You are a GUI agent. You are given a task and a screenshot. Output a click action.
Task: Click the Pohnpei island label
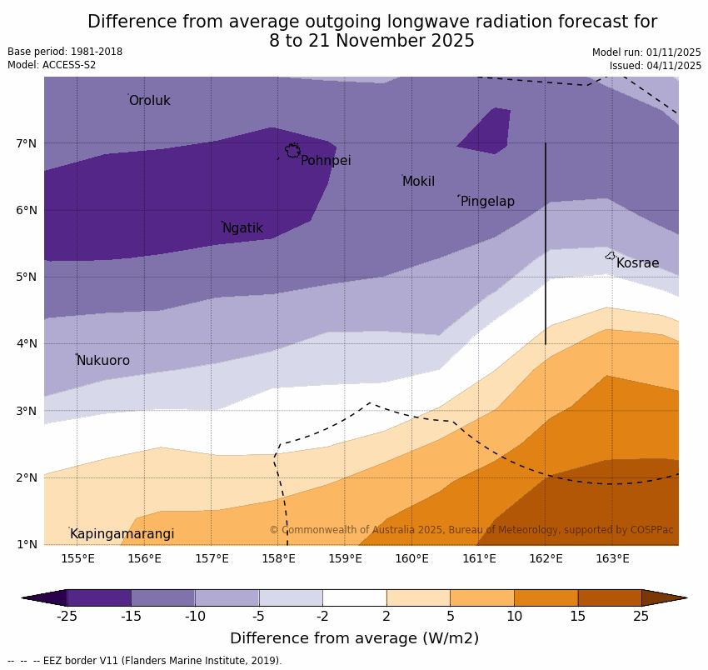pos(326,161)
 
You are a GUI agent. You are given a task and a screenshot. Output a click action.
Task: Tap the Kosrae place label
pos(637,263)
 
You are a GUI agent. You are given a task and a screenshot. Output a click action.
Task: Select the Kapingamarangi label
pos(122,534)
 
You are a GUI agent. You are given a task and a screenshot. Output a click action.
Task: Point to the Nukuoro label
pos(103,361)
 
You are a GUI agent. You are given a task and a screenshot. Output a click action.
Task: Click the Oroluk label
pos(149,101)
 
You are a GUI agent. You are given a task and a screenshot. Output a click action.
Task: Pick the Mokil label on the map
pos(418,182)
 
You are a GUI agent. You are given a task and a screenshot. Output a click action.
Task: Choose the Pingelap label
pos(487,202)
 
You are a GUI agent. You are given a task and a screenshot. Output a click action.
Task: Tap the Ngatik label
pos(242,228)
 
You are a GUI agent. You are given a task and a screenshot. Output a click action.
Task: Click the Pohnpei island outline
pos(292,151)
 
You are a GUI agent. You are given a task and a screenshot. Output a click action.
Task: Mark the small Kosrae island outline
pos(611,256)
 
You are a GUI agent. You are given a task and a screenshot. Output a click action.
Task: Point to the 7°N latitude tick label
pos(27,143)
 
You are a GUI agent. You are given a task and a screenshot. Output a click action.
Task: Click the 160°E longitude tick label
pos(411,558)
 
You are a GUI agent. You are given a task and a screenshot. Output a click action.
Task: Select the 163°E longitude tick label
pos(612,558)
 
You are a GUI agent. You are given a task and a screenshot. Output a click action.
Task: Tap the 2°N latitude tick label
pos(27,477)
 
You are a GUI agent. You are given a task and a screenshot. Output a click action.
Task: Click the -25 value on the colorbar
pos(67,617)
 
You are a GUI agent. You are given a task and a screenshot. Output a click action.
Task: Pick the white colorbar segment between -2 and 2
pos(354,597)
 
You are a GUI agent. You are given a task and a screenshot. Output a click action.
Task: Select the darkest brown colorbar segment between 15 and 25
pos(610,597)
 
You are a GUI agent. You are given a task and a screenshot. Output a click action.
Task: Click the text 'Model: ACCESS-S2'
pos(52,65)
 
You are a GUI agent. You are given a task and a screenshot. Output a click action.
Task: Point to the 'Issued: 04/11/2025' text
pos(656,66)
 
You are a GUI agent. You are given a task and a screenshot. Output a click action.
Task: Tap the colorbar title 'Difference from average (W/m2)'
pos(354,638)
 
